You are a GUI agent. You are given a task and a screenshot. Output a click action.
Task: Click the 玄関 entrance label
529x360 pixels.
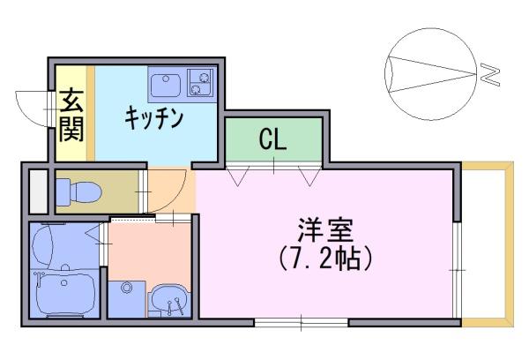tap(71, 116)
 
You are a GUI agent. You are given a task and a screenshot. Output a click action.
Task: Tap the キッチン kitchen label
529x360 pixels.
tap(153, 117)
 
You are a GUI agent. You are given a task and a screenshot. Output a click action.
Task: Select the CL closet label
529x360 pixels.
tap(272, 139)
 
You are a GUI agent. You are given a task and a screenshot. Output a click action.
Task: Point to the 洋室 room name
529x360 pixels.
tap(325, 230)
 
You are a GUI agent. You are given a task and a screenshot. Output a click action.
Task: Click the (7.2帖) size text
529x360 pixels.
tap(326, 259)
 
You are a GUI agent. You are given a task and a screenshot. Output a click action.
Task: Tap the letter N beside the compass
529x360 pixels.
tap(489, 75)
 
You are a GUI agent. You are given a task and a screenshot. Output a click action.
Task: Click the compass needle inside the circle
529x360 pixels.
tap(432, 74)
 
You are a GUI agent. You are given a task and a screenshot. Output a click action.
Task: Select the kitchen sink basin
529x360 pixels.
tap(166, 85)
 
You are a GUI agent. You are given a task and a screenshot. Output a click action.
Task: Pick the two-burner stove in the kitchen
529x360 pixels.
tap(200, 83)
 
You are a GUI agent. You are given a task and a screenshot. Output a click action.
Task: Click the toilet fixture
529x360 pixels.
tap(78, 192)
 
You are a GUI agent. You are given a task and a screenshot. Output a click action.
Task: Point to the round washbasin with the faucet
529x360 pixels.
tap(169, 298)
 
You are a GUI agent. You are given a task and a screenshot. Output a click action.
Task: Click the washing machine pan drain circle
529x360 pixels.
tap(126, 288)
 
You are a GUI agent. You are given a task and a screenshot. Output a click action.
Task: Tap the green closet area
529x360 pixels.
tap(273, 139)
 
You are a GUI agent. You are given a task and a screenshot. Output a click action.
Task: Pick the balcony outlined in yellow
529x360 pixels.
tap(488, 244)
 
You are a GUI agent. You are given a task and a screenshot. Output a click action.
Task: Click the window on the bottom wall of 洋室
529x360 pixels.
tap(301, 323)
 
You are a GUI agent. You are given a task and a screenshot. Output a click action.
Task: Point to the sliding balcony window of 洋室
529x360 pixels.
tap(457, 270)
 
